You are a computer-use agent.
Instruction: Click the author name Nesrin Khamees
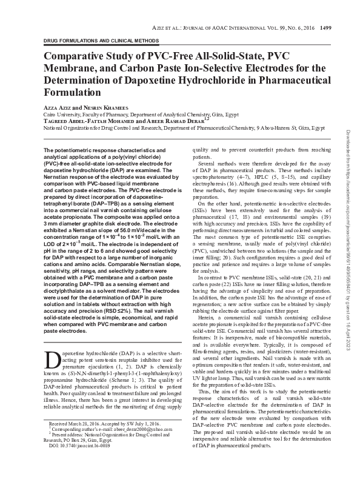point(109,107)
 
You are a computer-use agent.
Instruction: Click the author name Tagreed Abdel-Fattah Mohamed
point(90,121)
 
